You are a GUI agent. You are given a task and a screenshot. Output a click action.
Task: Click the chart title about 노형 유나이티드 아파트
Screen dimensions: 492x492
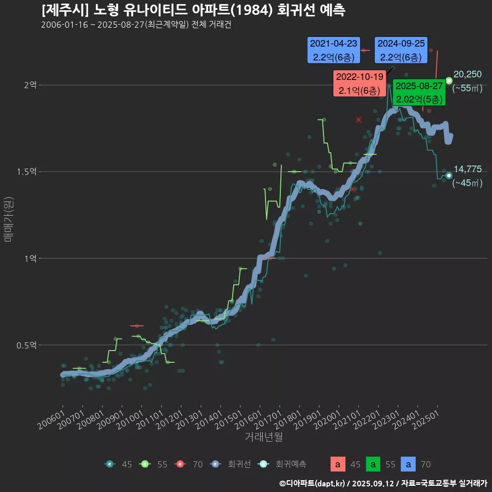click(x=193, y=10)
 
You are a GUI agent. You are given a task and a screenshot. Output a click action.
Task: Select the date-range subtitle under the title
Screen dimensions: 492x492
click(x=136, y=25)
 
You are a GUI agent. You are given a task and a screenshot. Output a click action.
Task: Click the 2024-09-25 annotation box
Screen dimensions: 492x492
click(x=401, y=50)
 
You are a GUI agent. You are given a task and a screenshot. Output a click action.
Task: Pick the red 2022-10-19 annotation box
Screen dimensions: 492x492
click(x=359, y=84)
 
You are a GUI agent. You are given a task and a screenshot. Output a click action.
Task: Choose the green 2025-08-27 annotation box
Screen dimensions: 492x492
click(x=419, y=92)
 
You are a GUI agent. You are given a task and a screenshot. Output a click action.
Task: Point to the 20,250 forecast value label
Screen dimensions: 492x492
click(x=467, y=74)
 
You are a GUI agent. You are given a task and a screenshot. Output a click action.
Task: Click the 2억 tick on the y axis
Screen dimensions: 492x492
click(x=30, y=85)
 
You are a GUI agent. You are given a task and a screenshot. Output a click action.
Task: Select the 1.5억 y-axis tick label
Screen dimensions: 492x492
click(x=27, y=172)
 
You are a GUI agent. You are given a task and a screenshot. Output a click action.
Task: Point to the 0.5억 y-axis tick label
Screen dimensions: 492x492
click(x=27, y=345)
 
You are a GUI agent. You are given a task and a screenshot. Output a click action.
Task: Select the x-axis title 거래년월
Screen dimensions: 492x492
click(x=263, y=437)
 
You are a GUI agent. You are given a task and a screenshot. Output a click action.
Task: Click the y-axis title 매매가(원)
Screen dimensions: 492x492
click(x=8, y=220)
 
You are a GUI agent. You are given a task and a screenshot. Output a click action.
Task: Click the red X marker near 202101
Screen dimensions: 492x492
click(x=359, y=120)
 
